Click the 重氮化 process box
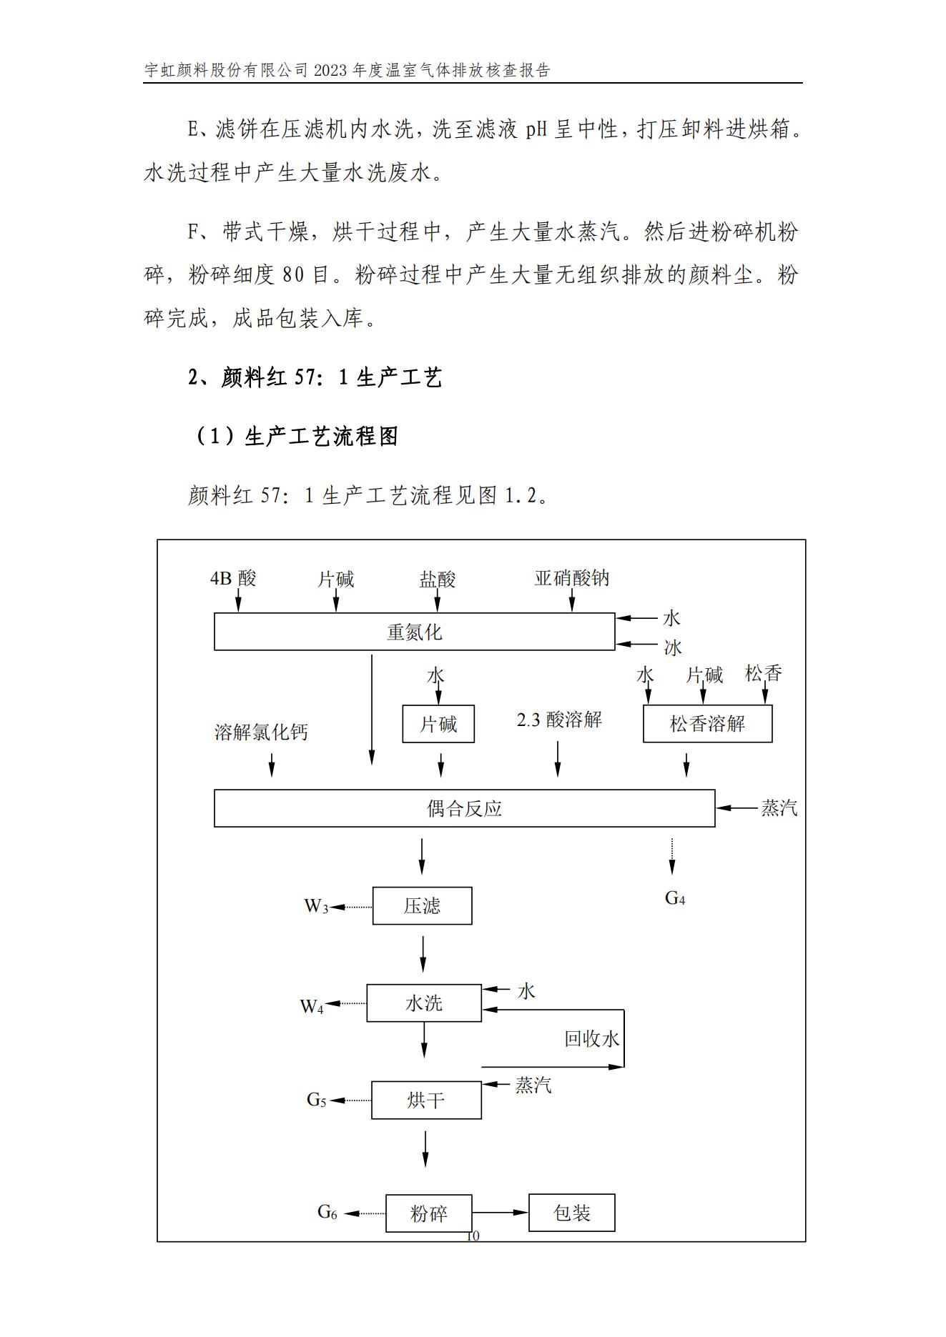[x=415, y=632]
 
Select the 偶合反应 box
[x=465, y=808]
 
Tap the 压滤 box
[x=422, y=906]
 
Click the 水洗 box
[x=424, y=1003]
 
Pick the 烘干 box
[x=426, y=1100]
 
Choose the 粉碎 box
[x=429, y=1213]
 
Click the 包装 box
[x=572, y=1213]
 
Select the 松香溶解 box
[x=708, y=724]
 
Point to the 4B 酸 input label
[x=233, y=578]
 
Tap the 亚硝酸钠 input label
[x=572, y=578]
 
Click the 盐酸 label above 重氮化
[x=438, y=579]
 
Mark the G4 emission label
[x=675, y=898]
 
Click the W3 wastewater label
[x=316, y=906]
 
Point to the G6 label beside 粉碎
[x=327, y=1212]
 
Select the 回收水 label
[x=591, y=1039]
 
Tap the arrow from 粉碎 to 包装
[x=500, y=1213]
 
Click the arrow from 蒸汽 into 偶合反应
[x=736, y=808]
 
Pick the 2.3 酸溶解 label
[x=559, y=720]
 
